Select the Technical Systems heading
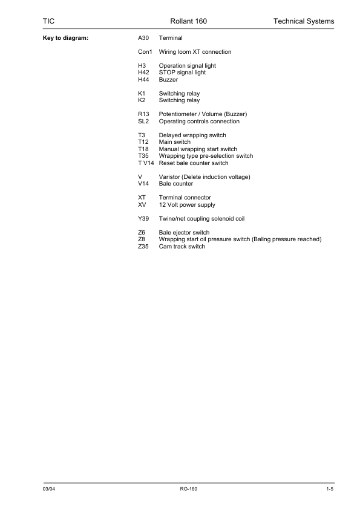click(304, 22)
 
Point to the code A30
click(143, 38)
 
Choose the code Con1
click(145, 52)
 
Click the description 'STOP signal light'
click(182, 73)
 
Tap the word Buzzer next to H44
click(168, 80)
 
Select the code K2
click(142, 100)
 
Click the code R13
click(144, 114)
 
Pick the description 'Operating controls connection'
click(199, 122)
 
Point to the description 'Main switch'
click(174, 142)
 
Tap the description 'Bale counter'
click(176, 184)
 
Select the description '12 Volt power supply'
click(187, 205)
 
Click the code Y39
click(144, 219)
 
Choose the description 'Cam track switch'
click(182, 247)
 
